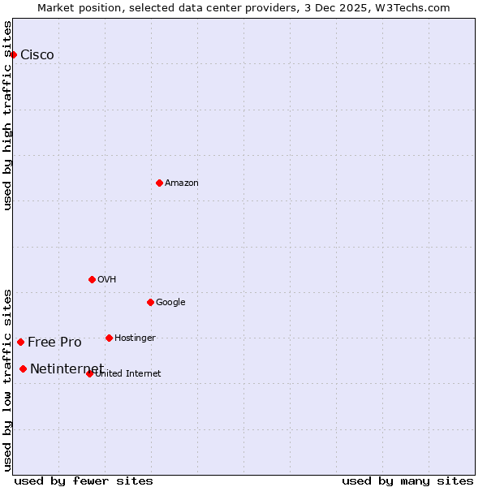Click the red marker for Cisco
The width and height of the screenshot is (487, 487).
point(14,54)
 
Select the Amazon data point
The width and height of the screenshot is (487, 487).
point(159,183)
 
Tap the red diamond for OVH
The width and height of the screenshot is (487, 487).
point(92,279)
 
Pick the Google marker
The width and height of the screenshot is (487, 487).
point(150,302)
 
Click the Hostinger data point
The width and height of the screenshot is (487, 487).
point(109,338)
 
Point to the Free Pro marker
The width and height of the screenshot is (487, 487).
point(20,342)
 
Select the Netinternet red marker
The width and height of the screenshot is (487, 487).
point(23,368)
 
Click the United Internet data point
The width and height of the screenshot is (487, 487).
point(89,373)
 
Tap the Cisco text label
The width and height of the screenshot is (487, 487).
point(37,55)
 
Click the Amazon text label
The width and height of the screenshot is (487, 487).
point(182,183)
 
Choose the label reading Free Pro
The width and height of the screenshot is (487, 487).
point(54,343)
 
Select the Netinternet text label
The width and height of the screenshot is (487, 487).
point(67,369)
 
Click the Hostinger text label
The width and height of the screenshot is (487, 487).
point(135,338)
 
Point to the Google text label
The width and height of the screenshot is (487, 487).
point(170,303)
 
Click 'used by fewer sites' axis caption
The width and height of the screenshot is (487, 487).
point(84,481)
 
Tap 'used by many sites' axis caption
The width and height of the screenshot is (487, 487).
point(407,481)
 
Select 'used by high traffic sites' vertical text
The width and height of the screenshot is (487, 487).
point(8,115)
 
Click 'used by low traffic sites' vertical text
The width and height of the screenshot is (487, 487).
point(8,379)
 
